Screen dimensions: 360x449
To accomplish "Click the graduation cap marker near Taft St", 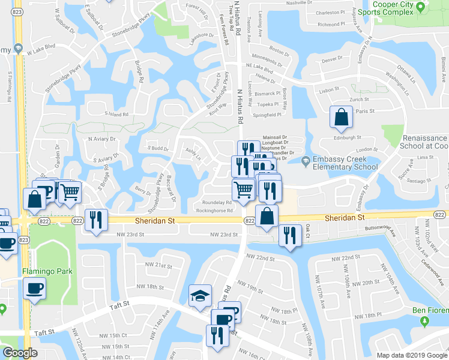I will pos(200,295).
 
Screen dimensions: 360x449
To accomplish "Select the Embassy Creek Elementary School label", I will pos(341,163).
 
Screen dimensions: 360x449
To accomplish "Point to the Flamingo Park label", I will pos(47,271).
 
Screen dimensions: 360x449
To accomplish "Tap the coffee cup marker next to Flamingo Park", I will pos(34,287).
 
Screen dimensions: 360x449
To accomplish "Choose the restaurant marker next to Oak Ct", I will pos(291,235).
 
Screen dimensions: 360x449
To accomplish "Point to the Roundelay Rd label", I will pos(217,203).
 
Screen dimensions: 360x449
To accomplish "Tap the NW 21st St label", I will pos(159,265).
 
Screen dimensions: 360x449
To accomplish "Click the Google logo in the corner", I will pos(20,353).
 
